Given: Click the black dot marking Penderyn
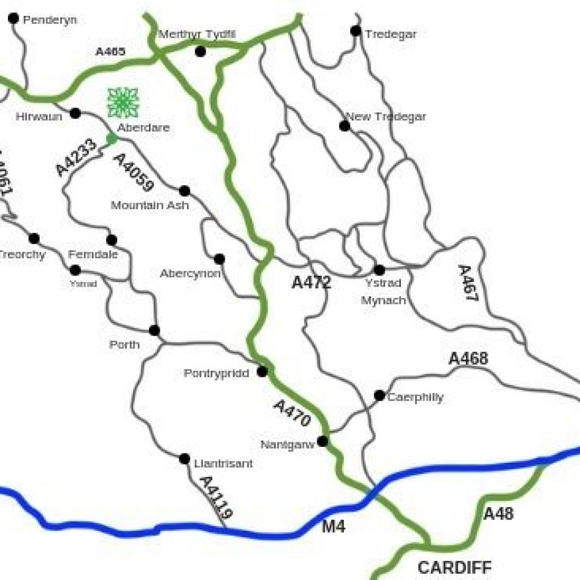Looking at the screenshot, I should click(14, 19).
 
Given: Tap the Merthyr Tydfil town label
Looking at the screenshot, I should click(197, 35).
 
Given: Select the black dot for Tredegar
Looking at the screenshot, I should click(356, 31).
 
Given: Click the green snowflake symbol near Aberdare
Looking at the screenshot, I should click(123, 103).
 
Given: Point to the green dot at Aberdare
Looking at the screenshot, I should click(112, 138).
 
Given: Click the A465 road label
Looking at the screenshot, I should click(110, 52).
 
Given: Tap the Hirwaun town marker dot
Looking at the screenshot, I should click(75, 113).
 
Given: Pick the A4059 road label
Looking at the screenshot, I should click(134, 173).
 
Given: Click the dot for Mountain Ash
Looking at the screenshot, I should click(184, 191).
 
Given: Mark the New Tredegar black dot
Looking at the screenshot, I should click(344, 126).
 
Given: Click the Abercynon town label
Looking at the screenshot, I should click(190, 274).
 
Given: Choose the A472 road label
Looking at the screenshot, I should click(311, 283).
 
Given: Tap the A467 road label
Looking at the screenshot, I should click(466, 283).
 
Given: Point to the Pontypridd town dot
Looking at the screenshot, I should click(262, 372).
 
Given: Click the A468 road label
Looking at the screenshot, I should click(468, 359).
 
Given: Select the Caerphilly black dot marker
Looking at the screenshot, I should click(379, 395).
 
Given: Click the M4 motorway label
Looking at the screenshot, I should click(334, 527).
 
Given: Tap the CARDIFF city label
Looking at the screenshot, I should click(455, 567).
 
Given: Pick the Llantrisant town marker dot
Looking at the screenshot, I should click(184, 459).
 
